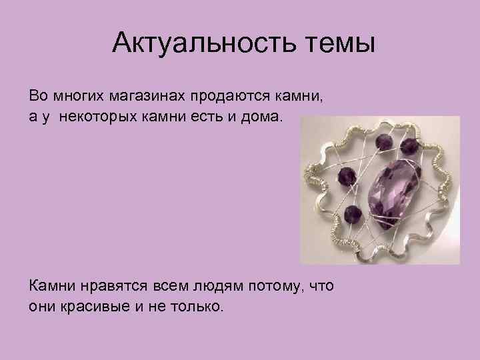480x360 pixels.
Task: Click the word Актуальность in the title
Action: click(x=199, y=46)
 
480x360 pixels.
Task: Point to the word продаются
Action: click(x=229, y=96)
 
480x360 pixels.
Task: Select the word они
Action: click(x=41, y=307)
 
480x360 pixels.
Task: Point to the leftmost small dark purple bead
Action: click(x=345, y=176)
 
